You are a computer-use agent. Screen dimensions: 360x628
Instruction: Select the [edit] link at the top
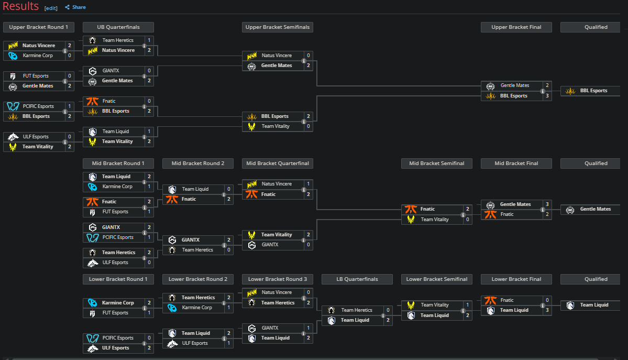[51, 8]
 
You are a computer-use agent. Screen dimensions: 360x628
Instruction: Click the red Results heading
[20, 6]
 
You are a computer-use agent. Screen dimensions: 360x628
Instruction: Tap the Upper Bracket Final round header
[516, 27]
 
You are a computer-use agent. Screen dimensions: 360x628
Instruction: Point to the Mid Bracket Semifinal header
[436, 163]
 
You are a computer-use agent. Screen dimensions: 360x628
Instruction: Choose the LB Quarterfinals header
[357, 279]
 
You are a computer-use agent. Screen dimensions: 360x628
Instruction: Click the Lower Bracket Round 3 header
[277, 279]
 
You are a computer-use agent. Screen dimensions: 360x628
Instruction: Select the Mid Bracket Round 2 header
[197, 163]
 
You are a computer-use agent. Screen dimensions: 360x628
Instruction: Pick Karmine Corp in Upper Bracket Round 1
[38, 55]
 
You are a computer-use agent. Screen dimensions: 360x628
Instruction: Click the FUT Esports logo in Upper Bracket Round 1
[13, 76]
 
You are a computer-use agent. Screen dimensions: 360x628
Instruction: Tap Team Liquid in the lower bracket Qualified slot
[594, 305]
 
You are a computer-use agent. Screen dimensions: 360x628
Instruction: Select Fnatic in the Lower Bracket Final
[507, 300]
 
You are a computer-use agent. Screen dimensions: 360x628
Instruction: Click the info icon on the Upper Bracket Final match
[542, 91]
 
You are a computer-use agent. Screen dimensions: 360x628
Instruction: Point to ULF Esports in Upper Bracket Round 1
[36, 137]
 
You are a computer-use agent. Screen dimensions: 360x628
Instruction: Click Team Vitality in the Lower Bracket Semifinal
[434, 305]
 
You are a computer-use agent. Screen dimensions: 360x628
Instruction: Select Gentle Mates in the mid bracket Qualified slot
[595, 209]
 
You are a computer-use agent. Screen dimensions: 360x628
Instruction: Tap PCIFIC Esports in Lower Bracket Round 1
[118, 338]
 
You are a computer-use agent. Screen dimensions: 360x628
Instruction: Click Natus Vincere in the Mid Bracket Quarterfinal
[277, 184]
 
